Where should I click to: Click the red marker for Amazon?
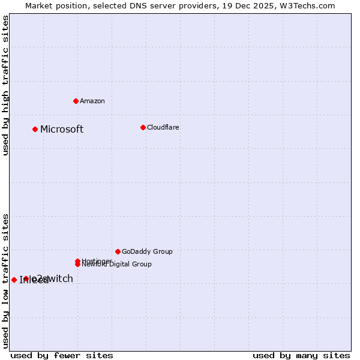point(76,101)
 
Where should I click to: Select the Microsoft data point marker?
point(35,129)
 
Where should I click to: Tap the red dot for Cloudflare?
point(143,127)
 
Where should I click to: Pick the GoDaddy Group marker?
point(118,251)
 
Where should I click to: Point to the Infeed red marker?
point(14,280)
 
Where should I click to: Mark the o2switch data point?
point(26,278)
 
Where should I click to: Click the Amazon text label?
point(92,101)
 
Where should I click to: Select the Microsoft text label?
point(62,129)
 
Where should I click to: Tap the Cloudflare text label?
point(163,127)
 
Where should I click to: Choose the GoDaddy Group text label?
point(147,251)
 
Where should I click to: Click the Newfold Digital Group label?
point(117,264)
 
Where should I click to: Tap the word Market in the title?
point(39,5)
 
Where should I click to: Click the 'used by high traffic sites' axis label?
point(5,85)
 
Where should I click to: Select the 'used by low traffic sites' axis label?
point(5,281)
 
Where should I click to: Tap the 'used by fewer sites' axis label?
point(62,355)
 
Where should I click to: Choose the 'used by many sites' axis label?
point(301,355)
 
